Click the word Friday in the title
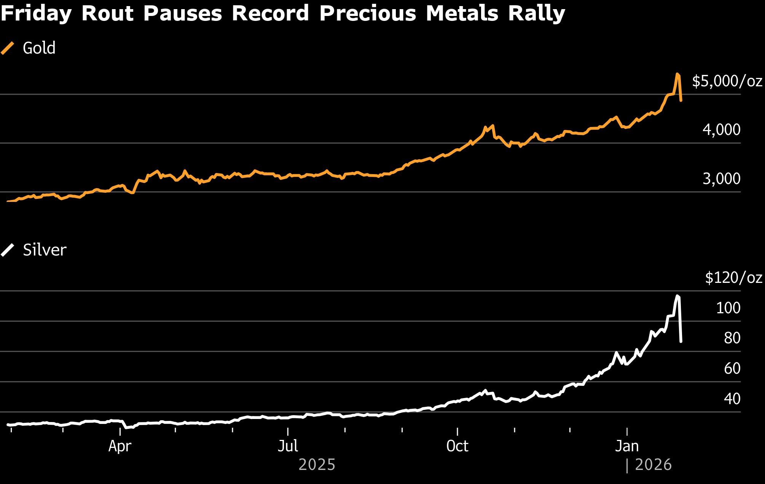[x=36, y=14]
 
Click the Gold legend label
[x=39, y=48]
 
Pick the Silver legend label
[x=45, y=250]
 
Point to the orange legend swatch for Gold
[x=8, y=48]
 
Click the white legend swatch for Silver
[x=8, y=250]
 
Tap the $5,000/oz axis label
[x=727, y=81]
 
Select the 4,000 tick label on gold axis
[x=721, y=130]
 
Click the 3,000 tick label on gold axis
[x=721, y=179]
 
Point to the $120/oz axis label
[x=733, y=278]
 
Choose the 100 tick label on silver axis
[x=728, y=308]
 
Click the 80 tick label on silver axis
[x=732, y=338]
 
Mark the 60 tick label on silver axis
[x=732, y=368]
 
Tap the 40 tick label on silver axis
[x=732, y=399]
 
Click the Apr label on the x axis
[x=120, y=446]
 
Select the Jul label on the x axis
[x=288, y=446]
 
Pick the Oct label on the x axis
[x=457, y=446]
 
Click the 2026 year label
[x=653, y=465]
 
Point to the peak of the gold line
[x=677, y=74]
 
